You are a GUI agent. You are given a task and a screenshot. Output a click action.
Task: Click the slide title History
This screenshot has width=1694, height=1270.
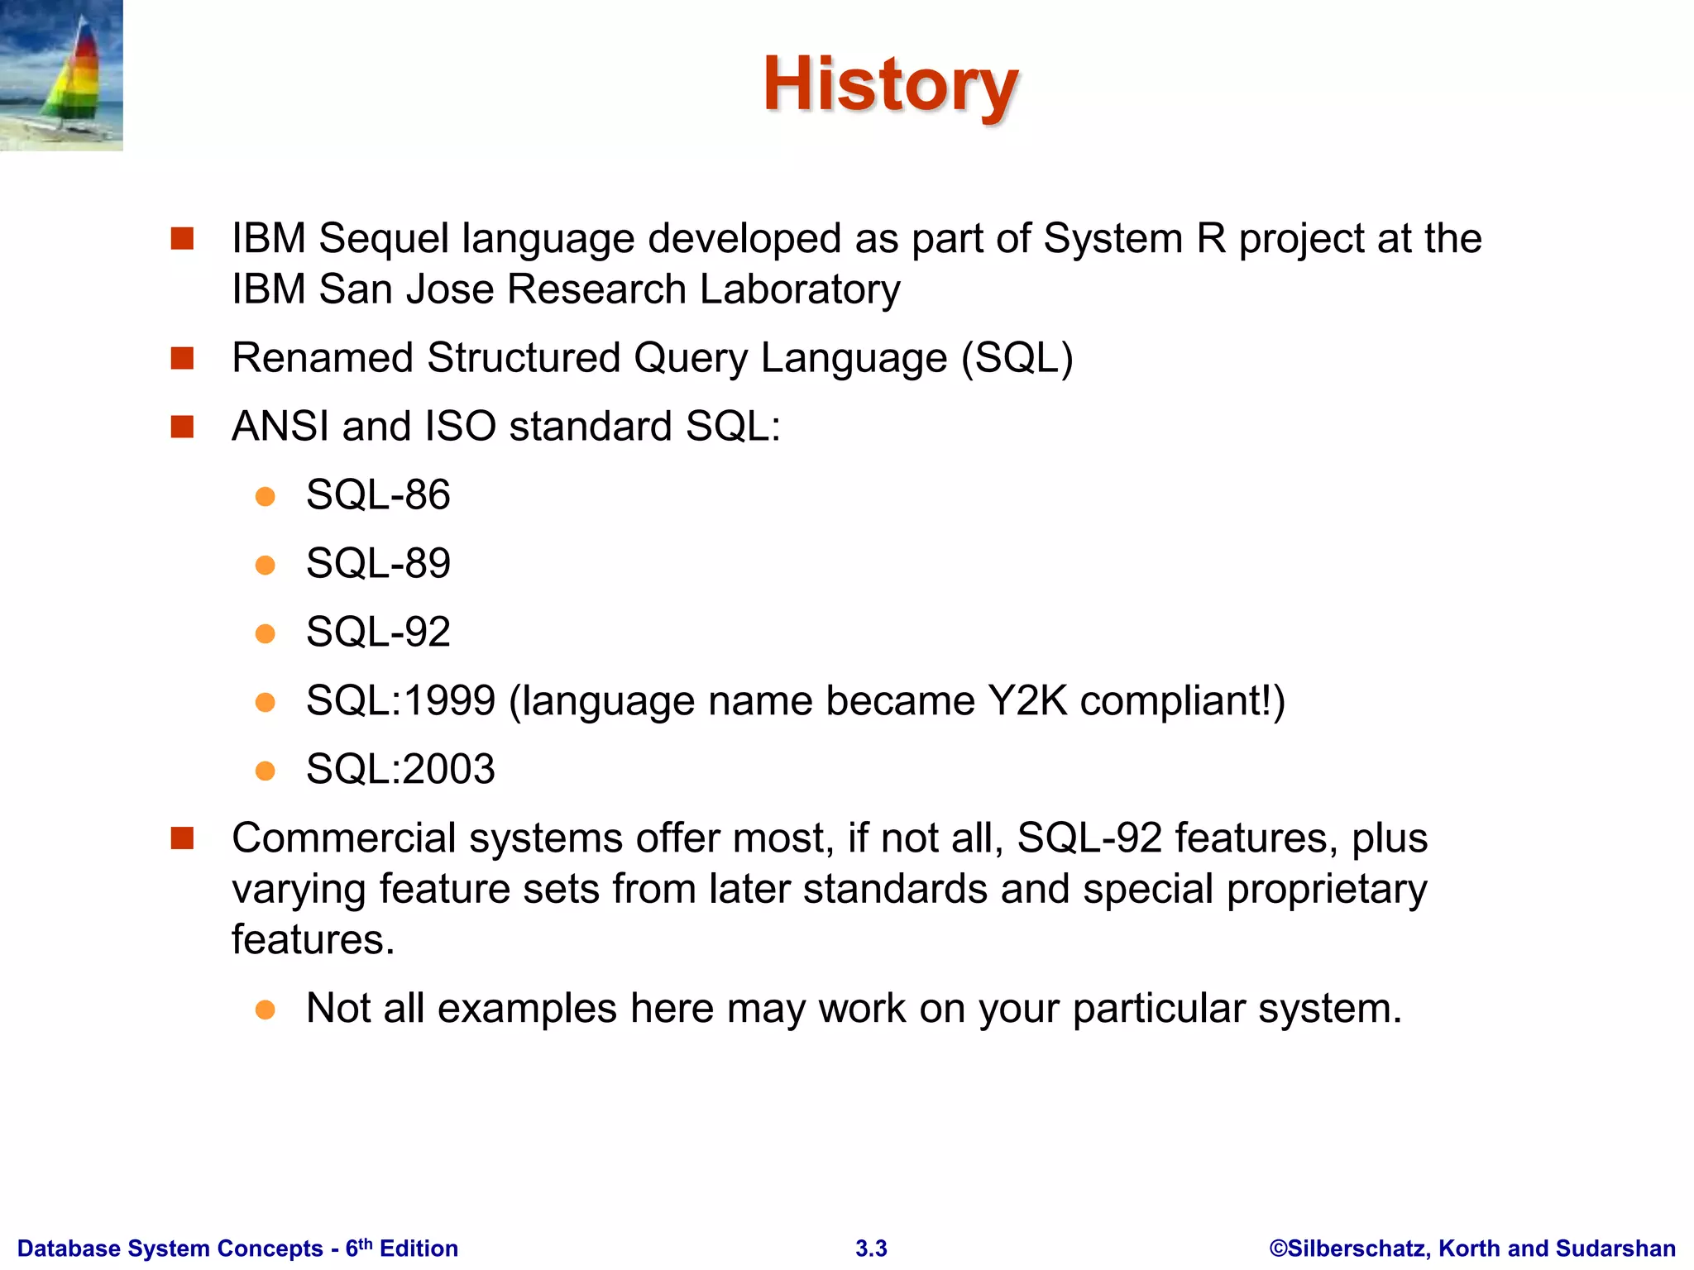[x=890, y=85]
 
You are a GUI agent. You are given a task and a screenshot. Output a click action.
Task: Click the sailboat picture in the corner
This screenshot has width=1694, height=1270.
[x=61, y=75]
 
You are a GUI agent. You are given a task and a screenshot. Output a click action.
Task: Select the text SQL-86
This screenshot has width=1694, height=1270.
[x=378, y=495]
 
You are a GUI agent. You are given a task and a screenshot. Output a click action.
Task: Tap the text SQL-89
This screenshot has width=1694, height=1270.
[x=378, y=564]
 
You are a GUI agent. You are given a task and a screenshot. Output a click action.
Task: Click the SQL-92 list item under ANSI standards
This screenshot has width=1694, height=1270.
[x=378, y=633]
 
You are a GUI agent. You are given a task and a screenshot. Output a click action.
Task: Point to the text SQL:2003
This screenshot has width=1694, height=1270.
[x=400, y=770]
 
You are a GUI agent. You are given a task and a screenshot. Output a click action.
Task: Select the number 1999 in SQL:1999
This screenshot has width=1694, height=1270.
[x=449, y=701]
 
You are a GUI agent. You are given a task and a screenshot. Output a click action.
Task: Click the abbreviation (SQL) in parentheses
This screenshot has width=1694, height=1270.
[x=1017, y=359]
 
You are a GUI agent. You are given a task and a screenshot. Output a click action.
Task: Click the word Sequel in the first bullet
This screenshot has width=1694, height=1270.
[x=384, y=239]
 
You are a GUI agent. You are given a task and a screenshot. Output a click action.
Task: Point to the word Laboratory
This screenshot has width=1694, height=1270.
[x=799, y=290]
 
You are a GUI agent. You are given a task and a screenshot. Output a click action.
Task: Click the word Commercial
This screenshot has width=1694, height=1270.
[x=343, y=838]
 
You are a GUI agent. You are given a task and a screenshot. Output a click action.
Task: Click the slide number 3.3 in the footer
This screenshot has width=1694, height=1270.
[x=871, y=1249]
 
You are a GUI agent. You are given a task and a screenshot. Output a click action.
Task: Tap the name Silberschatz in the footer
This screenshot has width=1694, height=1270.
[x=1357, y=1249]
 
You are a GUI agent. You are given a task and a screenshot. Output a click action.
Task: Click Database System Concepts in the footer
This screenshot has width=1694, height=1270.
[x=170, y=1249]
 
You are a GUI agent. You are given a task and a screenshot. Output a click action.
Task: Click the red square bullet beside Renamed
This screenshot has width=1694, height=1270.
[x=182, y=358]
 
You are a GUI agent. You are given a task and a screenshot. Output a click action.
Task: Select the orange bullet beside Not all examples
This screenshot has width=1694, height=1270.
[x=265, y=1010]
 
